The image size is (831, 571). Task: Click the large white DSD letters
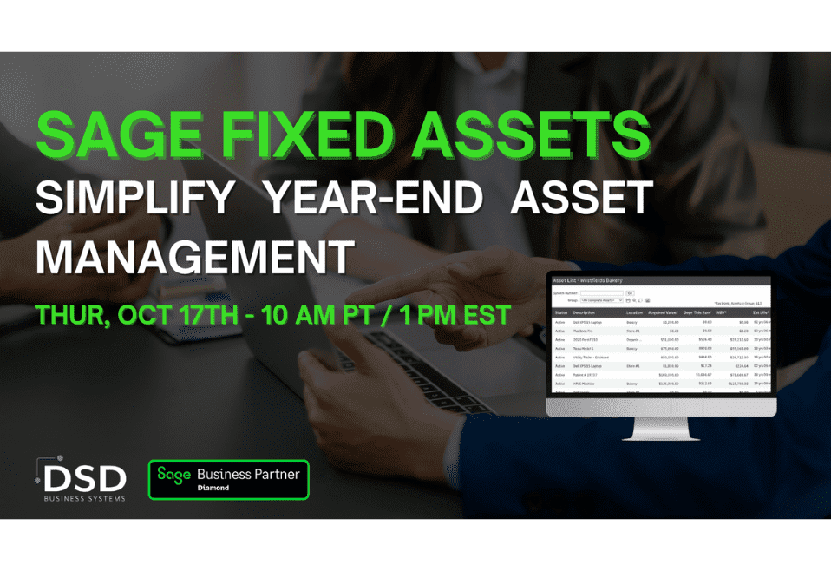[x=85, y=478]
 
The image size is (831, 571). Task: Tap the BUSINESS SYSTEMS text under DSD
[x=85, y=498]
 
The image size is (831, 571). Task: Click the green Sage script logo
[x=173, y=475]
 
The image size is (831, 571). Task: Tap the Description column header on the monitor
[x=585, y=312]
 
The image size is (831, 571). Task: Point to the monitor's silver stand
[x=660, y=427]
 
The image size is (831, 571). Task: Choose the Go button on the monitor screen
[x=630, y=292]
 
